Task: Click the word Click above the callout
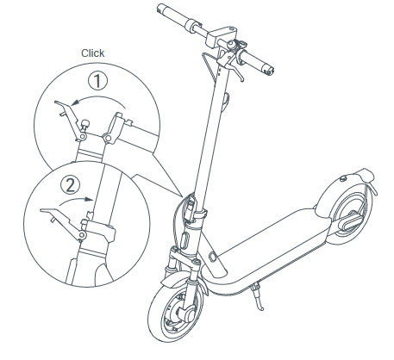click(x=92, y=53)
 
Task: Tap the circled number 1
click(x=97, y=81)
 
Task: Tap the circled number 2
click(x=71, y=185)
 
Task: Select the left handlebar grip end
click(x=161, y=8)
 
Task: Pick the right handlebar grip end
click(x=269, y=70)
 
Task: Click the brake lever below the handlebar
click(x=236, y=71)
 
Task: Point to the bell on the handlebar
click(x=231, y=45)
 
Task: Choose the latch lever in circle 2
click(x=64, y=221)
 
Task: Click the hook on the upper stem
click(x=226, y=102)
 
